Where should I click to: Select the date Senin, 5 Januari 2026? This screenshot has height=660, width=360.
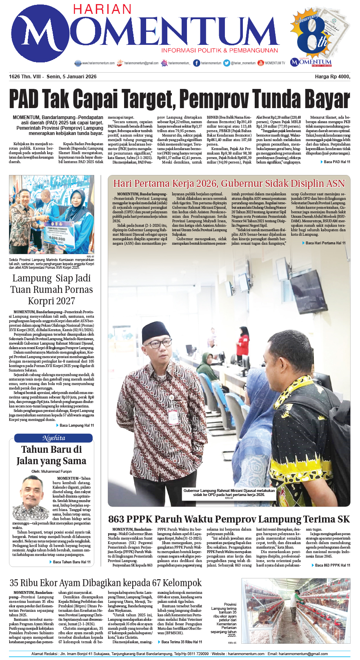pos(72,77)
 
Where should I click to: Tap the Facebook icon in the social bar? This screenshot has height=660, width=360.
pos(197,63)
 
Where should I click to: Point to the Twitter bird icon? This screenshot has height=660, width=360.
pos(227,63)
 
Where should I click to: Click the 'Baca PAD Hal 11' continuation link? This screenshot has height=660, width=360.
pos(336,162)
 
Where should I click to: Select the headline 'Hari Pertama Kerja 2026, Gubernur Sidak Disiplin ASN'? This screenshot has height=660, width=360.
pos(229,184)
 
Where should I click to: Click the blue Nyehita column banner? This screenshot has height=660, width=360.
pos(53,438)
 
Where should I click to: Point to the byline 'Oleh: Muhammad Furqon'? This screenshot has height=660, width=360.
pos(51,471)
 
